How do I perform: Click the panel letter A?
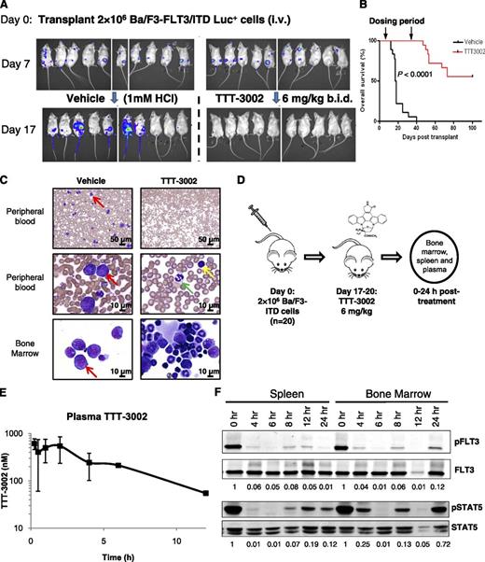click(7, 7)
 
